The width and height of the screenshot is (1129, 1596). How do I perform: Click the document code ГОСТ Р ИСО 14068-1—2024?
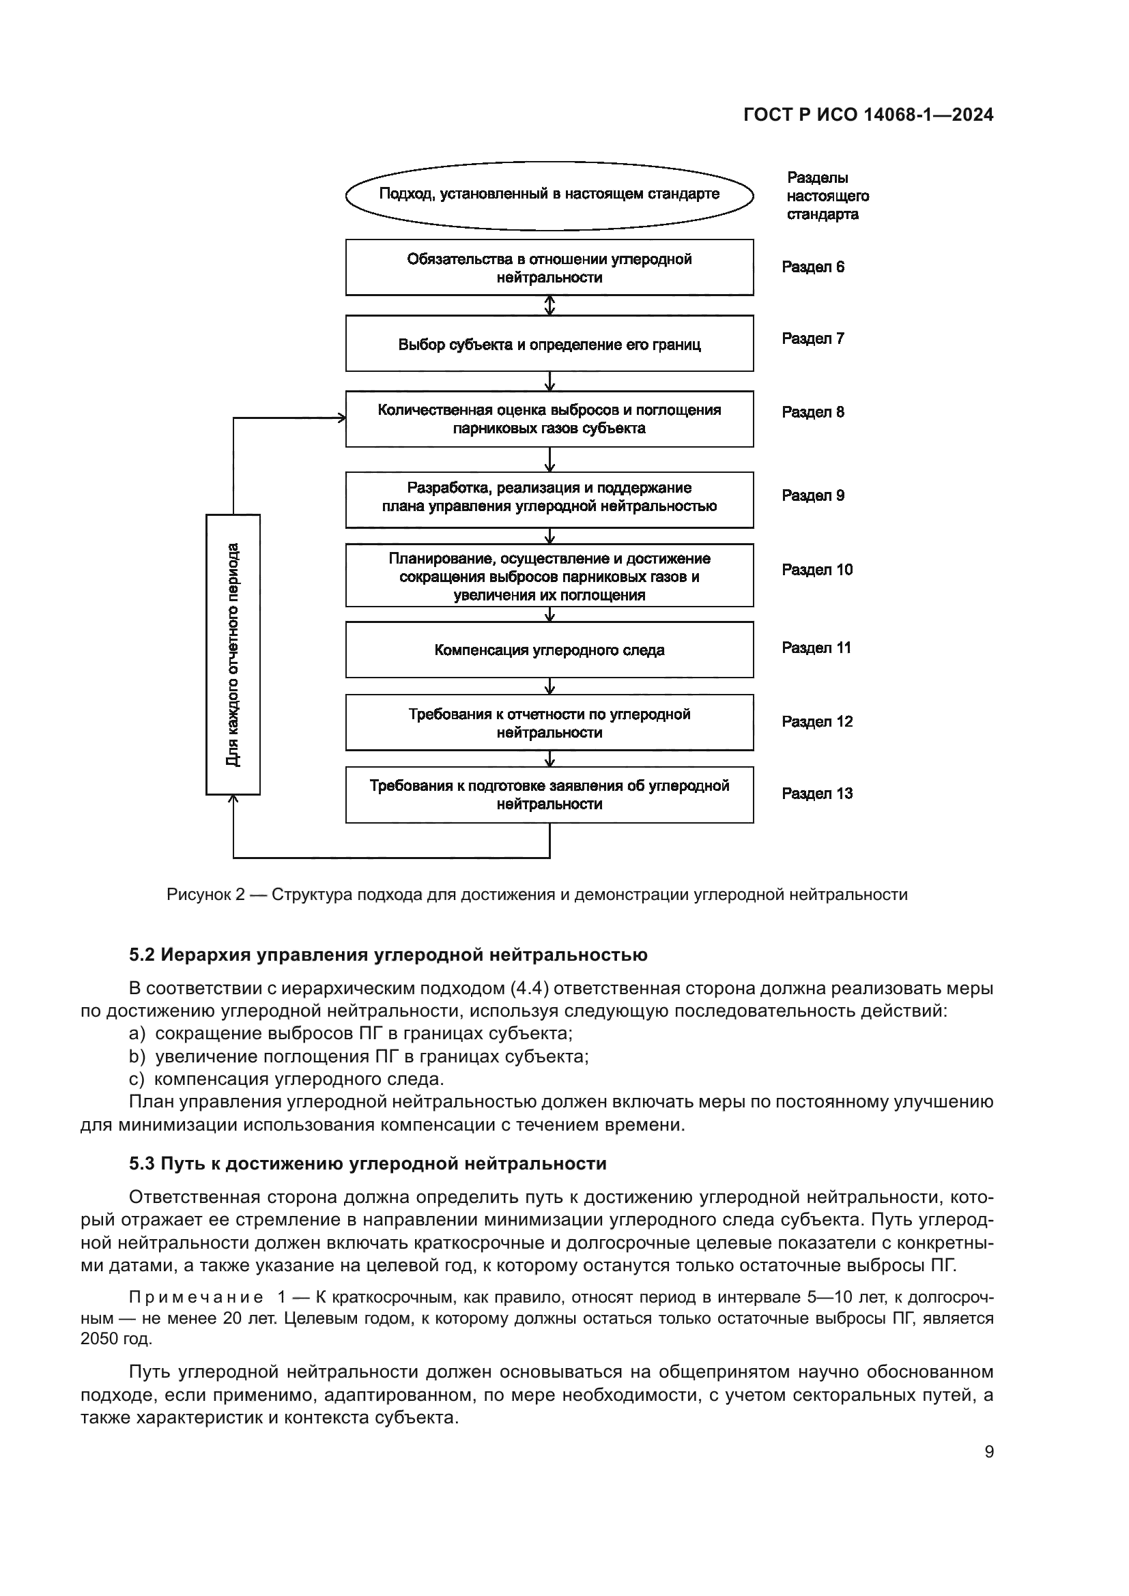[868, 115]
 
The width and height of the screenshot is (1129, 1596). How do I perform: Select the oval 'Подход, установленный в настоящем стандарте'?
[549, 194]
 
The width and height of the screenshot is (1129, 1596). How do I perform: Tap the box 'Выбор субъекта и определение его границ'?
[549, 344]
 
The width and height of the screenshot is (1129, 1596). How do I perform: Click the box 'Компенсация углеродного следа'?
[549, 650]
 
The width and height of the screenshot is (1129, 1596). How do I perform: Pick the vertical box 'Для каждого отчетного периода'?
[233, 654]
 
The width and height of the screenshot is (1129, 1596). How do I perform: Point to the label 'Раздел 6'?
[813, 267]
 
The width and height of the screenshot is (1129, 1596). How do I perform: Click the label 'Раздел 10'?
[817, 570]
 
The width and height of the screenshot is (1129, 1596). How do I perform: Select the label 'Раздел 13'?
[817, 794]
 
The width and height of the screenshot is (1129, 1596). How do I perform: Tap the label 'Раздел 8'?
[813, 412]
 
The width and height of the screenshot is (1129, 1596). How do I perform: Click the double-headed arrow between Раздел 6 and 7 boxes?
[550, 305]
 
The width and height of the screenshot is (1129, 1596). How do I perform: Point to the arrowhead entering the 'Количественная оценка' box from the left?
[341, 418]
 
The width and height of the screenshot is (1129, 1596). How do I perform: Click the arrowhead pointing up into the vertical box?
[233, 801]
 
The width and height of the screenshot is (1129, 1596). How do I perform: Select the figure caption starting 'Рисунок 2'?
[537, 895]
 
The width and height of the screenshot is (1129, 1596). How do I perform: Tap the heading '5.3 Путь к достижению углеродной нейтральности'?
[368, 1163]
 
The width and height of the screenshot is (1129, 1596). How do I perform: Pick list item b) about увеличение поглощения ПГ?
[359, 1056]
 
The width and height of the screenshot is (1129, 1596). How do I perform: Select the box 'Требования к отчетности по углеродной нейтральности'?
[549, 723]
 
